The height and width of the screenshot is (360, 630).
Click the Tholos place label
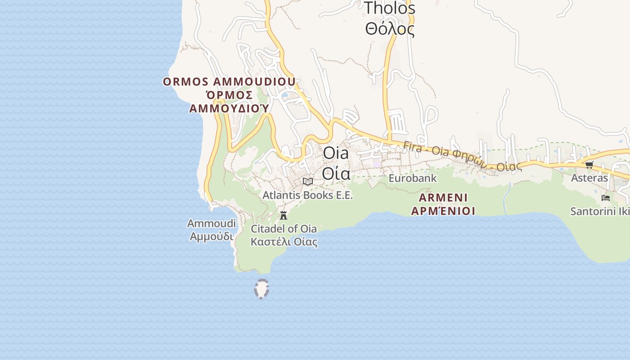[x=389, y=8]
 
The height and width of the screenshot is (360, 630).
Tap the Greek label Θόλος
[x=389, y=29]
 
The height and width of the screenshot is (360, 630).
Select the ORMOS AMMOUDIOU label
[x=229, y=82]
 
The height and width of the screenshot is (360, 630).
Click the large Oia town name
[x=336, y=153]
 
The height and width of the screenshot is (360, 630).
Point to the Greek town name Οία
[x=336, y=173]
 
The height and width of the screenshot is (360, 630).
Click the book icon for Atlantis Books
[x=308, y=181]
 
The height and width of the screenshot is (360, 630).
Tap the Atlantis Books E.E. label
[x=308, y=195]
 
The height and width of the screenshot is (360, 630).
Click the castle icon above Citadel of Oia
[x=283, y=216]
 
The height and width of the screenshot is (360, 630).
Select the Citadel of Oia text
[x=283, y=229]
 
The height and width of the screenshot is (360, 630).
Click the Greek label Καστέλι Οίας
[x=283, y=242]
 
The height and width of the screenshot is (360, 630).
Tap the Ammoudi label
[x=211, y=223]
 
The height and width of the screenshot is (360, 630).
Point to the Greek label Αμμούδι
[x=211, y=236]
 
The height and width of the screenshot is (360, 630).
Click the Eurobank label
[x=412, y=178]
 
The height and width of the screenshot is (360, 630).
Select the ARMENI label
[x=443, y=198]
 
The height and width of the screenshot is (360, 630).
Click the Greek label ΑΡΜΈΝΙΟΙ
[x=443, y=211]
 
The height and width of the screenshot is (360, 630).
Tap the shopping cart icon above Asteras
[x=589, y=165]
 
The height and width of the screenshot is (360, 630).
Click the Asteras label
[x=589, y=178]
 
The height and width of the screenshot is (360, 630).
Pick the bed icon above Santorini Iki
[x=606, y=198]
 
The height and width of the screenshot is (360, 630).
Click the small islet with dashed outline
[x=261, y=289]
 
